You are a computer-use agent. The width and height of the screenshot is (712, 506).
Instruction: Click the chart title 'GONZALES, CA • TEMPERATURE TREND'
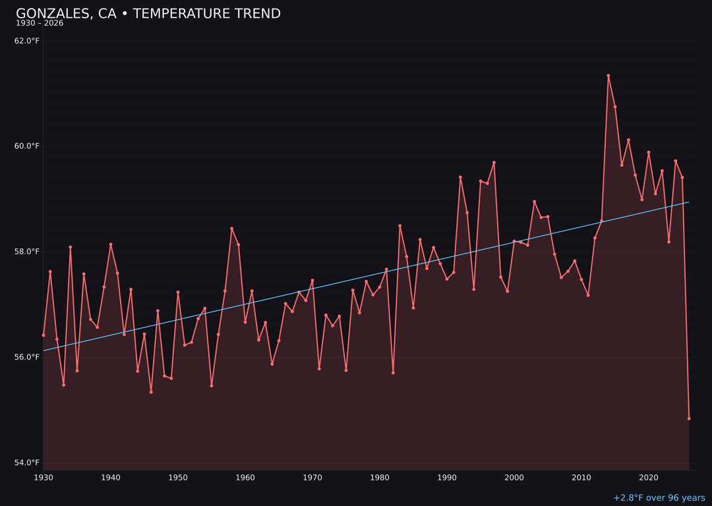click(x=148, y=14)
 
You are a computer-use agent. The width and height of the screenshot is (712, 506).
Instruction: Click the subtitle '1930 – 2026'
click(x=40, y=24)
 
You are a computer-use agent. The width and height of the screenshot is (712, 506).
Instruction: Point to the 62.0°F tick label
click(x=26, y=41)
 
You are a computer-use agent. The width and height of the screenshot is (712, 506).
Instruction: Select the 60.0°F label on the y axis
click(x=26, y=146)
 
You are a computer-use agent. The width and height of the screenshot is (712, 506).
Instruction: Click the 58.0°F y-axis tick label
click(x=26, y=252)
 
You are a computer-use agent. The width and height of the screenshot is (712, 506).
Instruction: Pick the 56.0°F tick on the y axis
click(x=26, y=357)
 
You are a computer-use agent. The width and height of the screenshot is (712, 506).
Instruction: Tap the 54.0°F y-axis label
click(x=26, y=463)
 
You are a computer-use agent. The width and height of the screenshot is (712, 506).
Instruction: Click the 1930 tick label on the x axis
click(x=44, y=478)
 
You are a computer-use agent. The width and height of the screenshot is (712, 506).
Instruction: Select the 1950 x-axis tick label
click(x=178, y=478)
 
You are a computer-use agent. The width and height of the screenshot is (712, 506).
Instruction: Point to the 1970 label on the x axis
click(x=312, y=478)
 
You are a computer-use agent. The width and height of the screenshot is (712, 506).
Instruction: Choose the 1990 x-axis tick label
click(x=447, y=478)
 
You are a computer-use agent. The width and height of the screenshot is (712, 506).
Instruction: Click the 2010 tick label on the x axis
click(x=581, y=478)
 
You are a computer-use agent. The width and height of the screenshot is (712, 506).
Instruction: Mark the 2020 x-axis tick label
click(x=649, y=478)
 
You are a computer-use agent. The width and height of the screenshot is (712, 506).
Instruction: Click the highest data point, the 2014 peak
click(x=608, y=76)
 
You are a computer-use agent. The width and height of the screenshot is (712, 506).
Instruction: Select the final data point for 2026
click(x=689, y=418)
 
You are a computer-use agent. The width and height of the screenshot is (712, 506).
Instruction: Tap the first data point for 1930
click(x=44, y=335)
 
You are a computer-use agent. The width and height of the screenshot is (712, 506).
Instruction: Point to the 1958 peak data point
click(x=231, y=229)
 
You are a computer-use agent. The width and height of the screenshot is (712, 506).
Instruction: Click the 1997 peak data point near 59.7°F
click(x=494, y=163)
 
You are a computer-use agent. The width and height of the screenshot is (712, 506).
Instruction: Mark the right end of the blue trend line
click(x=689, y=202)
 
